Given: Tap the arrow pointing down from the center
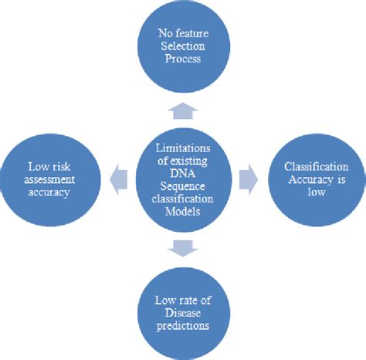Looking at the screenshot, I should click(x=182, y=247).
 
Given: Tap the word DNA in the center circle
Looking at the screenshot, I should click(x=182, y=174).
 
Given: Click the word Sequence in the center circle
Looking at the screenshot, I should click(x=182, y=187).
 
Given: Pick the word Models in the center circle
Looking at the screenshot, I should click(x=182, y=213).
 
